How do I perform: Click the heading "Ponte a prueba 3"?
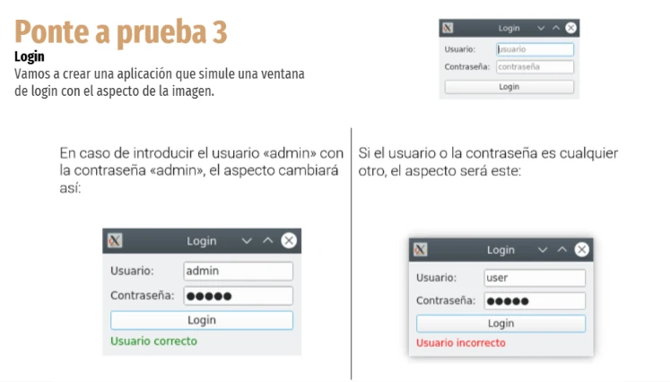[x=121, y=32]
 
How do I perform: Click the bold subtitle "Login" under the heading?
[x=30, y=56]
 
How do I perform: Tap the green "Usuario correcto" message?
[x=154, y=341]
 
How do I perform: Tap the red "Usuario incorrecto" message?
[x=461, y=343]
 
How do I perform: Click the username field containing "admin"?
[x=238, y=271]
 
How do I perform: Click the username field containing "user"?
[x=535, y=278]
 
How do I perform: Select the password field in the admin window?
[x=238, y=296]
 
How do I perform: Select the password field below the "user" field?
[x=535, y=300]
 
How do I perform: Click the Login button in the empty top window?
[x=509, y=87]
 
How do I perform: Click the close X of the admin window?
[x=289, y=240]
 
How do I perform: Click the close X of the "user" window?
[x=581, y=249]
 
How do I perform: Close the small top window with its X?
[x=570, y=28]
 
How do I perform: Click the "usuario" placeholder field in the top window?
[x=535, y=49]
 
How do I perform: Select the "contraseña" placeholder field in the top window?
[x=535, y=66]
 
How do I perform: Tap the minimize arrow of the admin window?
[x=247, y=241]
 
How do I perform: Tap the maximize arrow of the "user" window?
[x=562, y=249]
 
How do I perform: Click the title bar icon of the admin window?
[x=115, y=240]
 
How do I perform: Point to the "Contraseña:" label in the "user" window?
[x=446, y=300]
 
